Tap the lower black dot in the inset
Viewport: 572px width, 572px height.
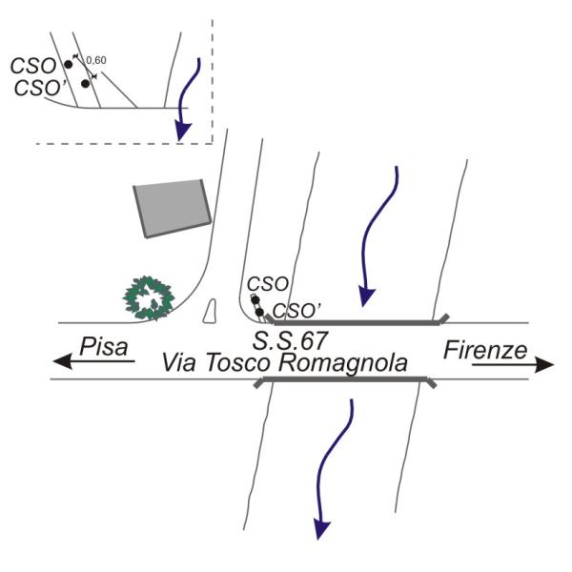85,84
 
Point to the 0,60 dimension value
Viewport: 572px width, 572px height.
95,60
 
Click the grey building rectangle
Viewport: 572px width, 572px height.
172,206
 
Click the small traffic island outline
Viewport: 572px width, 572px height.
212,309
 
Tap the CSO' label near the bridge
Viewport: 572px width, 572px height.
296,310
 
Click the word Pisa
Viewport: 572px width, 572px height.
104,346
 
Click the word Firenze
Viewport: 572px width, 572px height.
485,350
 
